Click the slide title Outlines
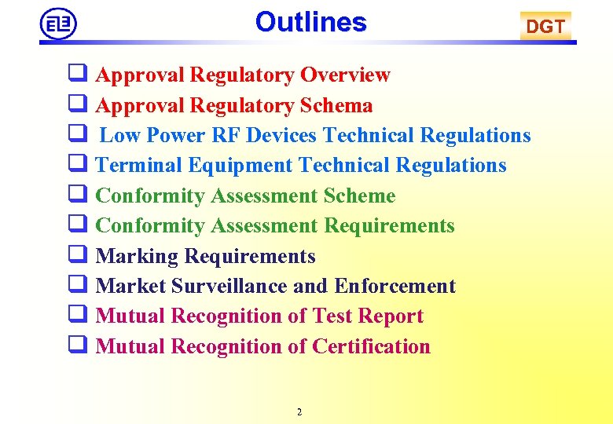[310, 22]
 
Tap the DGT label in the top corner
[545, 27]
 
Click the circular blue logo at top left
[58, 24]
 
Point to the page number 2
[299, 412]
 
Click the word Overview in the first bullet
[345, 75]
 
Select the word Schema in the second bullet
[336, 105]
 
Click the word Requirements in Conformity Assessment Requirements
[389, 226]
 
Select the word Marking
[137, 257]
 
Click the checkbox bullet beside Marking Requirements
[76, 256]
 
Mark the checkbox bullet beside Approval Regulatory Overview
[76, 75]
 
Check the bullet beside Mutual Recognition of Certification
[76, 346]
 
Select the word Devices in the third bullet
[281, 136]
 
